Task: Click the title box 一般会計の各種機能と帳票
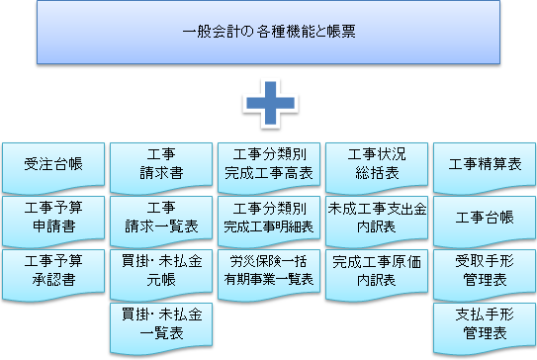click(x=269, y=33)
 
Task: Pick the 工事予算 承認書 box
click(x=51, y=271)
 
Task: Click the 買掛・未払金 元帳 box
click(x=160, y=271)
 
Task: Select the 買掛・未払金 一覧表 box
click(x=160, y=324)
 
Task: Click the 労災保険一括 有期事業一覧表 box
click(x=269, y=271)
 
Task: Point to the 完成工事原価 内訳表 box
click(x=377, y=271)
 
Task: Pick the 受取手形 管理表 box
click(x=485, y=271)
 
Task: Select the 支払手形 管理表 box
click(x=485, y=324)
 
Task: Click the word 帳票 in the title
click(x=342, y=33)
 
